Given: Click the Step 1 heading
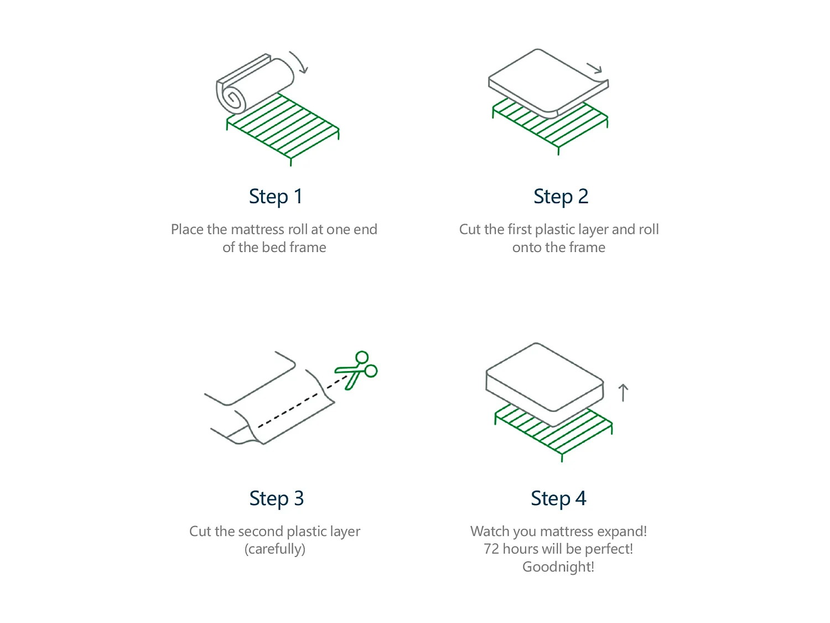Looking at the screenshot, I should [275, 197].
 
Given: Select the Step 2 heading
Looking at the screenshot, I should [561, 197].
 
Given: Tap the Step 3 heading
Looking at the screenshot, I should [276, 498].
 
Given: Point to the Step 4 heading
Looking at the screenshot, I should [558, 498].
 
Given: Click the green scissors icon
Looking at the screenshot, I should [357, 370].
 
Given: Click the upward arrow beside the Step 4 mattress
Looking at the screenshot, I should [623, 393].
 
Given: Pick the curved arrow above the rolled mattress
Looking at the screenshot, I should [299, 62].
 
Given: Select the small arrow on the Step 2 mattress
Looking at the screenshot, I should [595, 69].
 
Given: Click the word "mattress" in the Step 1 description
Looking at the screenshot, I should [257, 229].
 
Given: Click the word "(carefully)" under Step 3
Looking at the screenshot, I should [275, 549].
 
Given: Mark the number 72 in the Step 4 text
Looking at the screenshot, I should [491, 549].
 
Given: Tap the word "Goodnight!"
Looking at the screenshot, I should [558, 567].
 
